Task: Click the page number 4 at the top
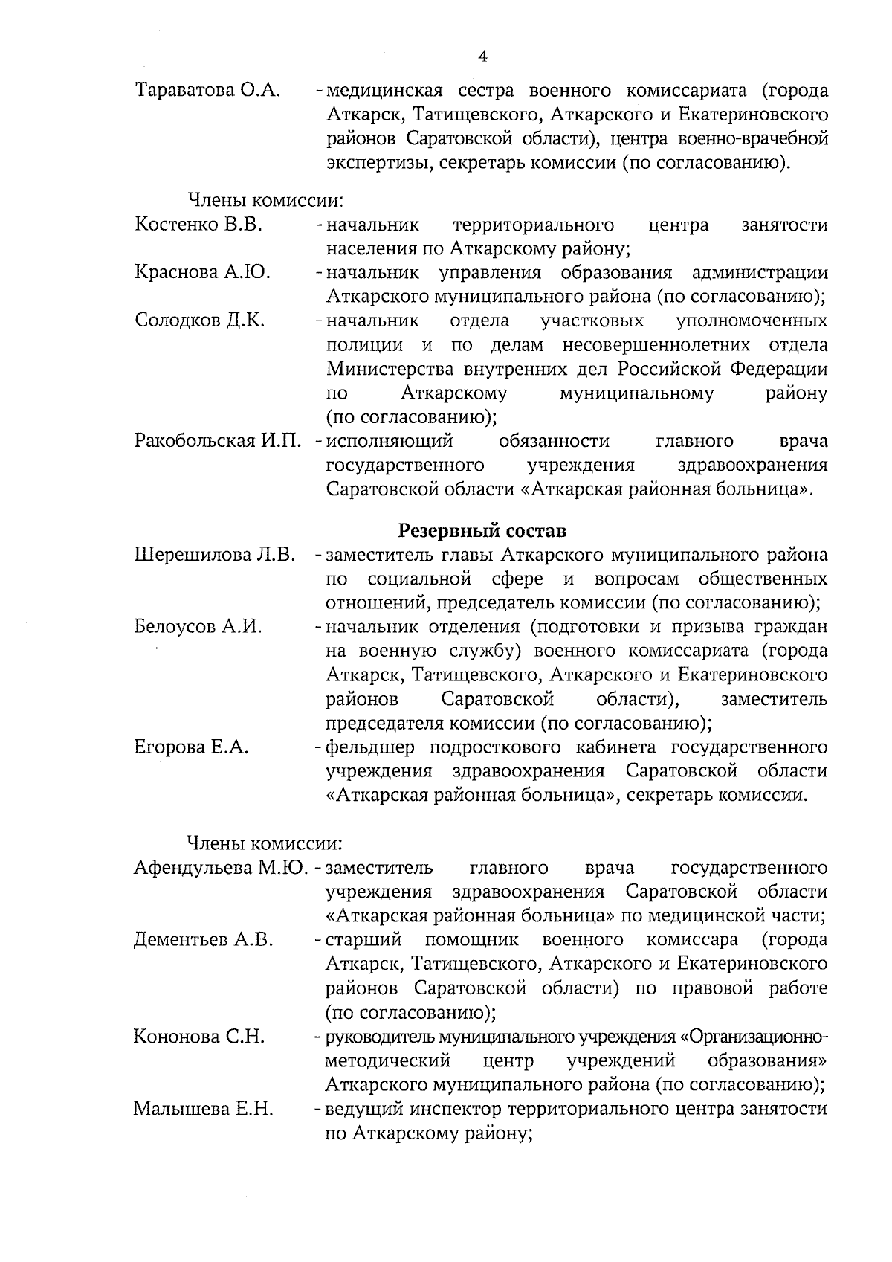point(483,57)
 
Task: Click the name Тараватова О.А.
point(207,91)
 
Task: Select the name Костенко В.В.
point(198,225)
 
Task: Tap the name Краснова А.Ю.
point(202,272)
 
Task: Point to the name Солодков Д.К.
point(200,321)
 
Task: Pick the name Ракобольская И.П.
point(218,441)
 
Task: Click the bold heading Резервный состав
point(482,531)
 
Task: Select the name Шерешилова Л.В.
point(215,555)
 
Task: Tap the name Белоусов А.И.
point(198,627)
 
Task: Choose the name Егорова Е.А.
point(191,747)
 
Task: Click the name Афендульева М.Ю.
point(221,867)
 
